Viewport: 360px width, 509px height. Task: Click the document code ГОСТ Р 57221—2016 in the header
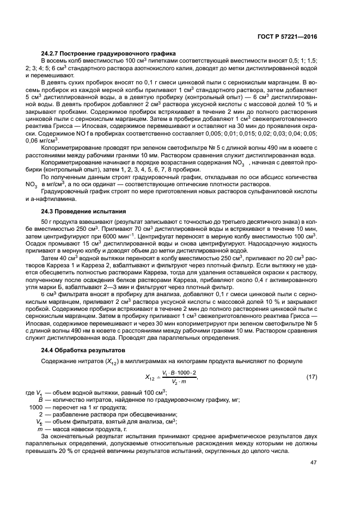[x=287, y=36]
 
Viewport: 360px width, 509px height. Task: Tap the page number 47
[x=313, y=463]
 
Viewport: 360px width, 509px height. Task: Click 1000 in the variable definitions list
[x=35, y=407]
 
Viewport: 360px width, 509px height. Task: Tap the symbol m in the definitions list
[x=40, y=428]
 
